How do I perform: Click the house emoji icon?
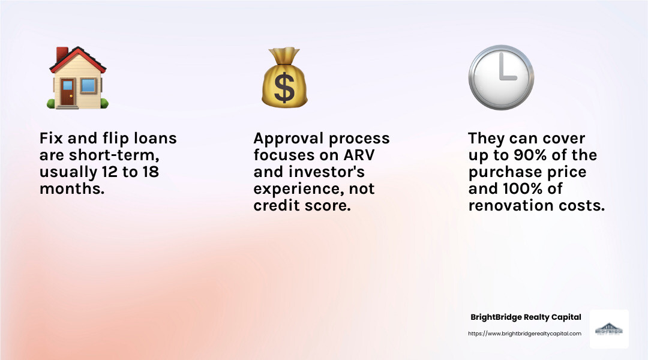pyautogui.click(x=78, y=78)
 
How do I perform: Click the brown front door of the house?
pyautogui.click(x=67, y=92)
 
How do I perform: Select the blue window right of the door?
pyautogui.click(x=88, y=86)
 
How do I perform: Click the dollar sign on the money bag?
pyautogui.click(x=284, y=86)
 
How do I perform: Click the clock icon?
pyautogui.click(x=500, y=77)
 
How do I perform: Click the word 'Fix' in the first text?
pyautogui.click(x=52, y=139)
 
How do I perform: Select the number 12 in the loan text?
pyautogui.click(x=122, y=172)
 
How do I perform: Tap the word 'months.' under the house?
pyautogui.click(x=70, y=189)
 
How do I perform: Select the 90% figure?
pyautogui.click(x=532, y=155)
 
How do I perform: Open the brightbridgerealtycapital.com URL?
pyautogui.click(x=524, y=334)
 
